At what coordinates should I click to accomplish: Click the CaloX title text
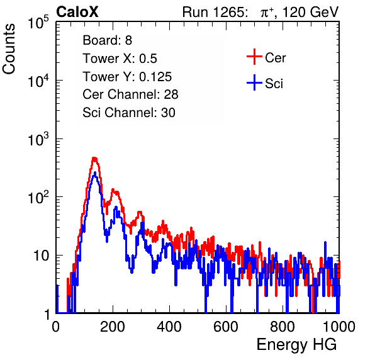click(77, 11)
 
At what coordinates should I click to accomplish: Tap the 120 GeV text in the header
click(310, 12)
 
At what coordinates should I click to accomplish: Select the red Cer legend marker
click(254, 57)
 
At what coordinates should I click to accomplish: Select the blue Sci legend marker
click(254, 82)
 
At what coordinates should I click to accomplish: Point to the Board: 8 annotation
click(108, 40)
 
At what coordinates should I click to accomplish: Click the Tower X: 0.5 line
click(120, 59)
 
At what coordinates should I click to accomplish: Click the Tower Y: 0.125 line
click(127, 77)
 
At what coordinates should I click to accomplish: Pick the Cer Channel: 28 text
click(130, 94)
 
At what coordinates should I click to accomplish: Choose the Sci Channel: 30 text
click(129, 113)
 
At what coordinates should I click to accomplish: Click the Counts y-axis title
click(9, 49)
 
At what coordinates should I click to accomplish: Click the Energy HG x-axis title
click(296, 345)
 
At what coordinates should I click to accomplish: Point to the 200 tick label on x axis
click(113, 327)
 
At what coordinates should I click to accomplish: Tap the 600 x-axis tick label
click(226, 327)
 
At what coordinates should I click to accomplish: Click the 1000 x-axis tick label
click(339, 327)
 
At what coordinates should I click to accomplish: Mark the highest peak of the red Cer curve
click(94, 158)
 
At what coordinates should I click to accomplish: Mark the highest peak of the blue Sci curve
click(95, 172)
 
